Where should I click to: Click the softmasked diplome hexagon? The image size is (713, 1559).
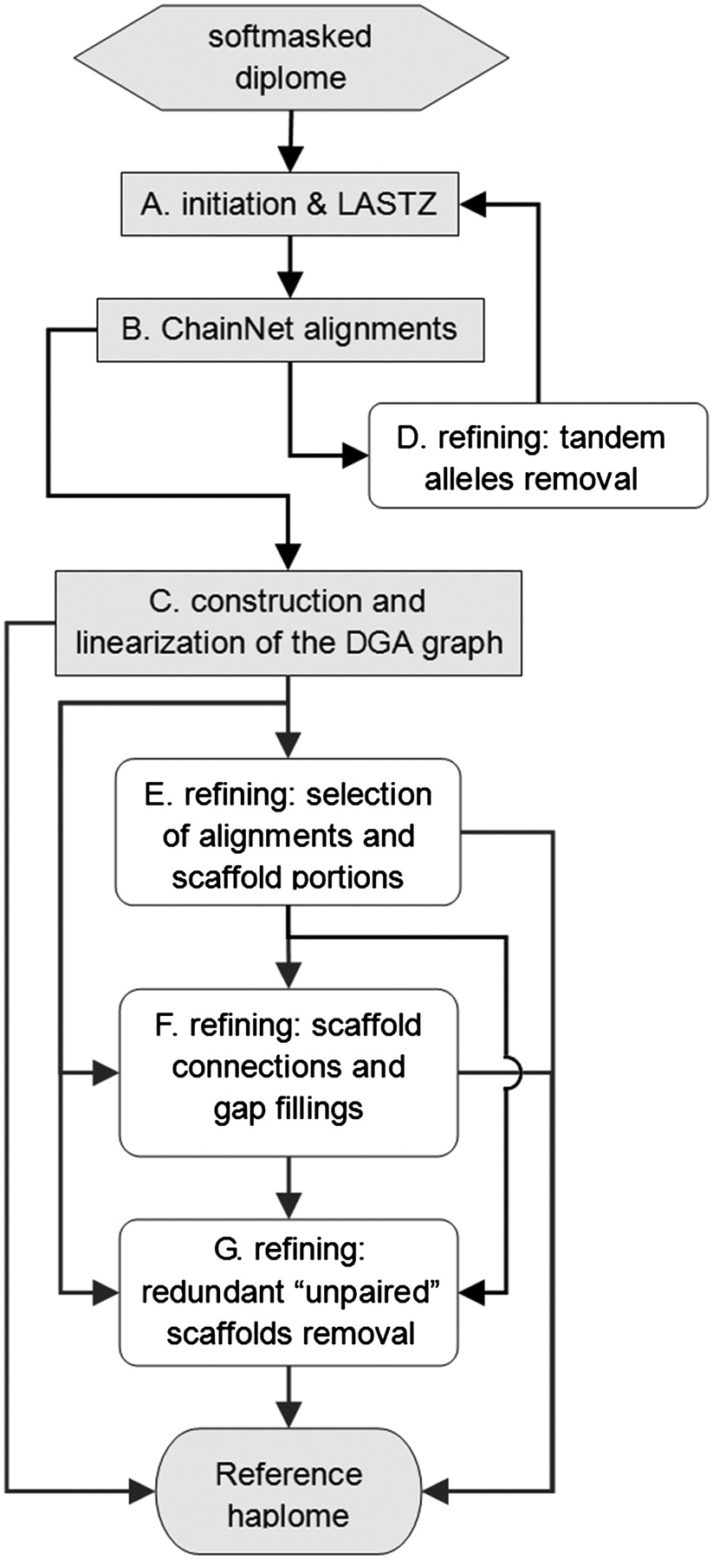(290, 57)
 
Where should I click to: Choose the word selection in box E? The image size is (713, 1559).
(368, 794)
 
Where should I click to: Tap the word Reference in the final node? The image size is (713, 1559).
(288, 1474)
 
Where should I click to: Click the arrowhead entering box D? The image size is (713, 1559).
(355, 454)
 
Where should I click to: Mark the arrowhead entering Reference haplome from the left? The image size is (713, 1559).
(143, 1491)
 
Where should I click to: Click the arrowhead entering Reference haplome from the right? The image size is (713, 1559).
(436, 1491)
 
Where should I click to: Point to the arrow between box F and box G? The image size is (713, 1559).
(288, 1187)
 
